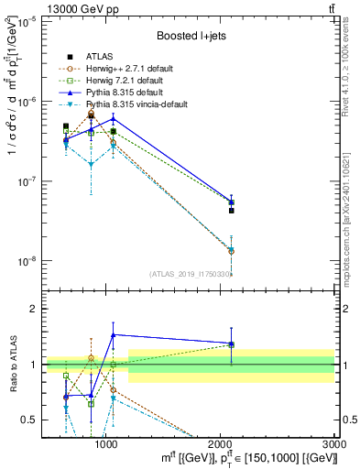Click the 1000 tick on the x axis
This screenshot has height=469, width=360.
pyautogui.click(x=106, y=443)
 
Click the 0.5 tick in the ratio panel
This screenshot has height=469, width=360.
pyautogui.click(x=29, y=420)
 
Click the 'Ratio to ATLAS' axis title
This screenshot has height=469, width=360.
pyautogui.click(x=12, y=364)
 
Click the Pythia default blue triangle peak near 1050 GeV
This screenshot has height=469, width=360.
pyautogui.click(x=113, y=118)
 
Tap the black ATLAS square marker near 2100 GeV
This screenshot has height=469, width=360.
pyautogui.click(x=232, y=211)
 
